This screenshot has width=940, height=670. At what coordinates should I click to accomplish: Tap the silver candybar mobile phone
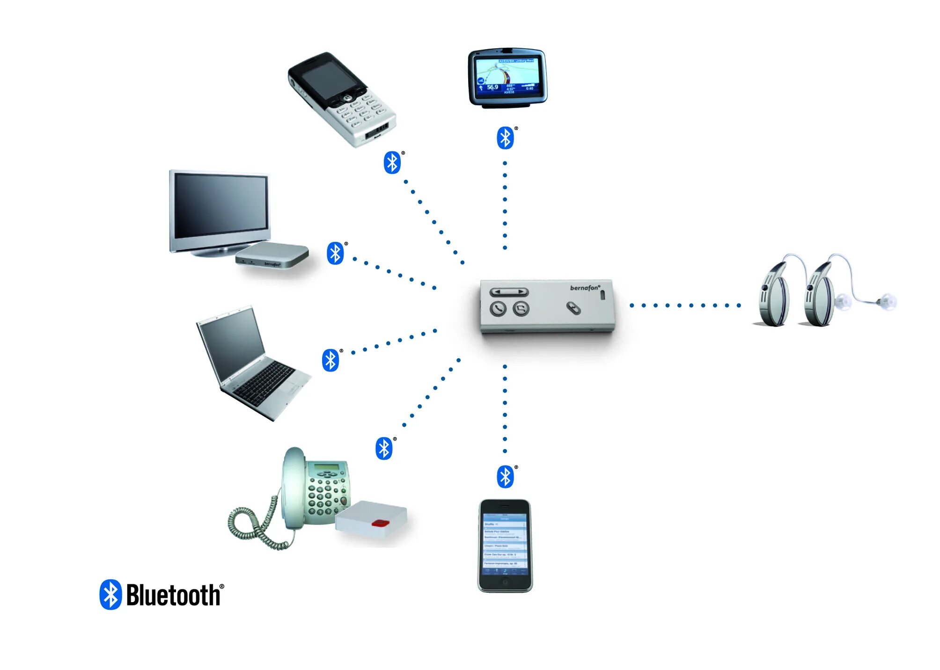341,99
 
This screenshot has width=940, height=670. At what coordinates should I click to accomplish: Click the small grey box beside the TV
272,255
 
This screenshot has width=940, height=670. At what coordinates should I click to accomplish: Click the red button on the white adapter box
381,522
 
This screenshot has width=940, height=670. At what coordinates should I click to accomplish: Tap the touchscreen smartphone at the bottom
505,546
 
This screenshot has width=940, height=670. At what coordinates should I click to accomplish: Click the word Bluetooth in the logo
173,596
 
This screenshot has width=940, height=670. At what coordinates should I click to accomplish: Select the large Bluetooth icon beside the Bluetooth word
111,595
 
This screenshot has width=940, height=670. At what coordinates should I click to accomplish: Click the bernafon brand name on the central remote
584,288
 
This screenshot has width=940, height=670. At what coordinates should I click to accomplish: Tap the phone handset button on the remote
498,309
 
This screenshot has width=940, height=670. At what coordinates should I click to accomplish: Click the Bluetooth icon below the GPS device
505,138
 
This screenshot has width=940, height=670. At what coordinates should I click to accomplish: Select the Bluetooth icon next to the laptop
330,360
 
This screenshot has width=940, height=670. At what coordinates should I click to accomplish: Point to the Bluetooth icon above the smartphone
505,477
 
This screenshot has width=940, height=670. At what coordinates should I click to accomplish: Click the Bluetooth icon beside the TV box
335,253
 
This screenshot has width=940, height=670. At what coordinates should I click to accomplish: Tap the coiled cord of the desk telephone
255,526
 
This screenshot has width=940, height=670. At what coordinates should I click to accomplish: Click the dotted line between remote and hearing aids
685,306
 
